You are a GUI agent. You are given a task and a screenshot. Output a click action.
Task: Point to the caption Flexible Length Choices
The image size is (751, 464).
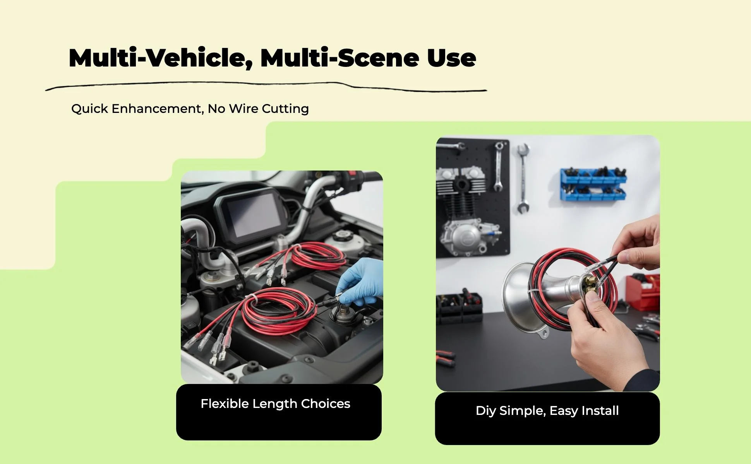(x=275, y=404)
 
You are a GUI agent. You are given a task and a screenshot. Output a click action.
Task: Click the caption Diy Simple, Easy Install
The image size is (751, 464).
(x=547, y=411)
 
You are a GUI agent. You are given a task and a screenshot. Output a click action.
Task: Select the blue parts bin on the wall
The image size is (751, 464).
(x=593, y=184)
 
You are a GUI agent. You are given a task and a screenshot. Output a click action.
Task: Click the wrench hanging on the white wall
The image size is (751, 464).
(x=523, y=178)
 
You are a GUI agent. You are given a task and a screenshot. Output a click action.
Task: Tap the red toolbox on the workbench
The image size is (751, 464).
(x=643, y=292)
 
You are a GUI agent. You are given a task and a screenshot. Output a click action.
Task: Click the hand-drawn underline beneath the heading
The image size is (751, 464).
(x=266, y=86)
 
